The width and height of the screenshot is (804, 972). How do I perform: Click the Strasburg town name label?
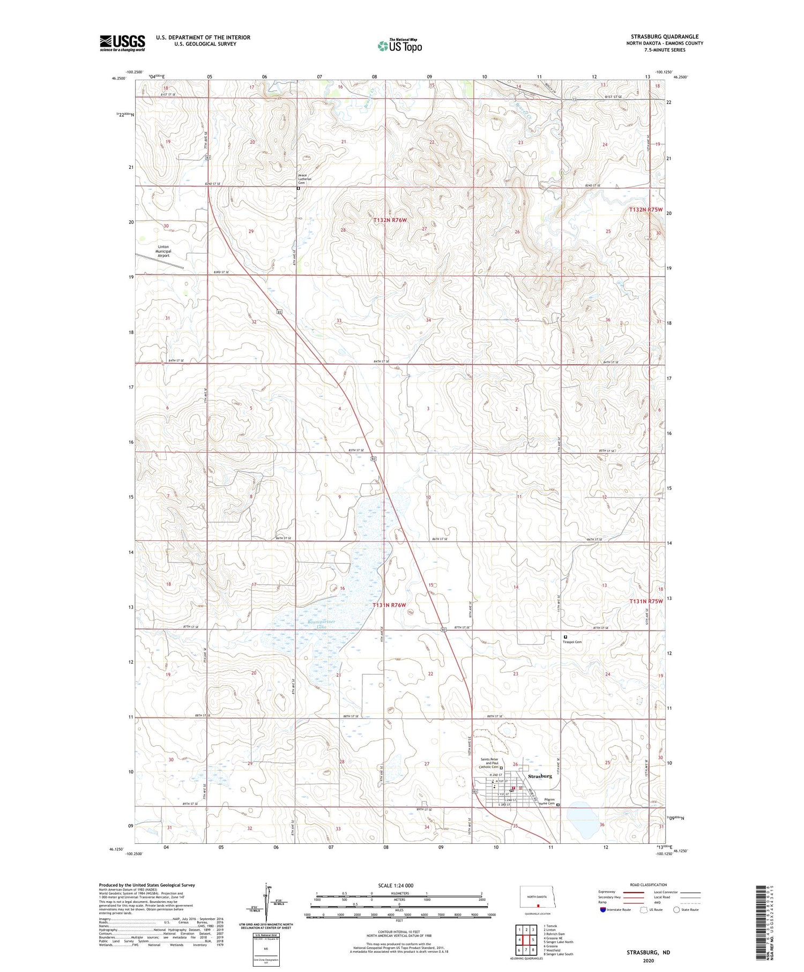pyautogui.click(x=540, y=776)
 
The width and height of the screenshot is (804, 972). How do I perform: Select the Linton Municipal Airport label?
pyautogui.click(x=163, y=251)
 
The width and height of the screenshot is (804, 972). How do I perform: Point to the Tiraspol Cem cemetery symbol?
pyautogui.click(x=565, y=637)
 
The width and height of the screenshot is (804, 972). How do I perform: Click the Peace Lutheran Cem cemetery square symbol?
pyautogui.click(x=299, y=189)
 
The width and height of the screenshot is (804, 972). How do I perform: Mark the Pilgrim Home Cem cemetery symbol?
pyautogui.click(x=557, y=805)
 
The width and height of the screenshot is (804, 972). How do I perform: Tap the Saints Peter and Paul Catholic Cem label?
pyautogui.click(x=492, y=763)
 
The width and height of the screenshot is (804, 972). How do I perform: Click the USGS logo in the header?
pyautogui.click(x=122, y=43)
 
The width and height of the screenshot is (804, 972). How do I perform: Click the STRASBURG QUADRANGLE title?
pyautogui.click(x=665, y=36)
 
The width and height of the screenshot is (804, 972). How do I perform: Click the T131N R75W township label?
pyautogui.click(x=646, y=602)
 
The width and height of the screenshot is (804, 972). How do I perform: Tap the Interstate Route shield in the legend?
pyautogui.click(x=603, y=910)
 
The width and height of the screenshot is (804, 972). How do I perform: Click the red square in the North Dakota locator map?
pyautogui.click(x=538, y=906)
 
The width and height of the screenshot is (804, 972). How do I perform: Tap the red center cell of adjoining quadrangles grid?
pyautogui.click(x=526, y=940)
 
